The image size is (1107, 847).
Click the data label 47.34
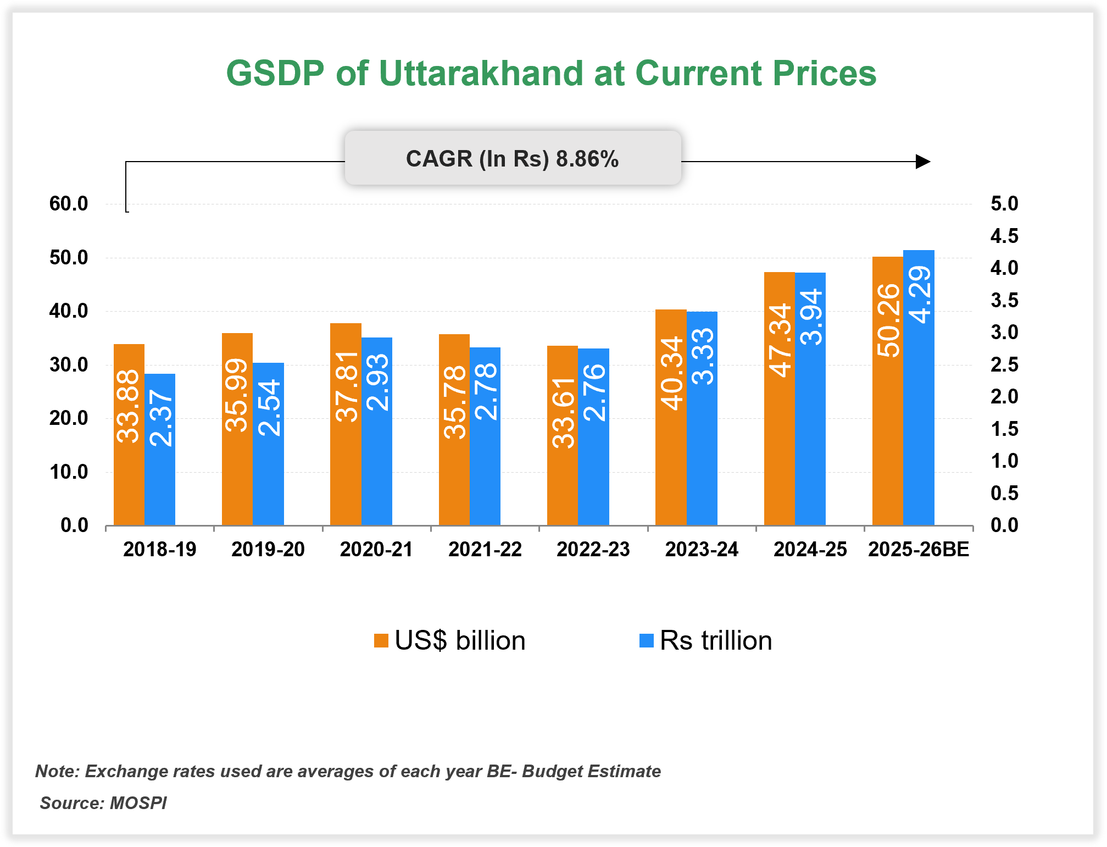[780, 340]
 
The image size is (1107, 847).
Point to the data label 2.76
[594, 392]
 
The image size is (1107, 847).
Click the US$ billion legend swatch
[381, 640]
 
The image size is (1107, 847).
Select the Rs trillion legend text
[715, 640]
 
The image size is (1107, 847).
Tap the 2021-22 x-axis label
[485, 549]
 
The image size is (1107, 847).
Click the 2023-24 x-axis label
[702, 549]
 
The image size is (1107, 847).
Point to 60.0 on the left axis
[69, 204]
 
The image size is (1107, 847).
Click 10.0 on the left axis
[69, 472]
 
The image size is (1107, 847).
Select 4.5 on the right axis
[1004, 236]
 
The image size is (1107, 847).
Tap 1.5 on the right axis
[1004, 429]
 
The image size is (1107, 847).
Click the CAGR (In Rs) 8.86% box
[512, 158]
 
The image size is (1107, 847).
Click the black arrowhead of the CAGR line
[922, 162]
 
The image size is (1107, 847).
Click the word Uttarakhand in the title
[481, 73]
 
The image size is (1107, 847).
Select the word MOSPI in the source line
[138, 803]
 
